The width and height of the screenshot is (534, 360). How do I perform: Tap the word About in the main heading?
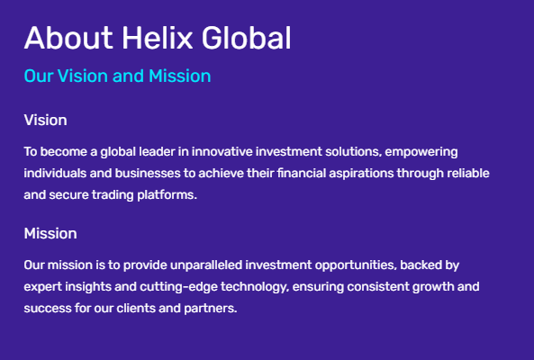click(x=66, y=38)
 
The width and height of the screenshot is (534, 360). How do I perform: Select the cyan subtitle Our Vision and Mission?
click(x=117, y=76)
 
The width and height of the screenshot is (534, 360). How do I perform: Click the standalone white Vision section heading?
click(x=45, y=120)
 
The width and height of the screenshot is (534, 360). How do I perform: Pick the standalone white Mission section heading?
click(x=50, y=233)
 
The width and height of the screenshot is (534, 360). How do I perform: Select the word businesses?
click(x=141, y=173)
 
